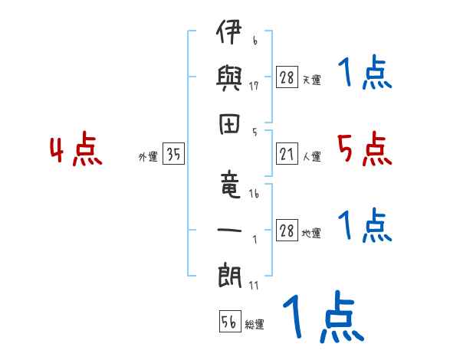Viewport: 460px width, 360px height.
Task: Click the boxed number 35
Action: coord(173,155)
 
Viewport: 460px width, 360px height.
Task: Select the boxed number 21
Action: coord(287,155)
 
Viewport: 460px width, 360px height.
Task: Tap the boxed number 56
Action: coord(228,322)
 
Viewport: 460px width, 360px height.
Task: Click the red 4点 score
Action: coord(75,150)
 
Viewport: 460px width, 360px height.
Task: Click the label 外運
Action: coord(148,157)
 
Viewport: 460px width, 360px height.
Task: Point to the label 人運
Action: coord(311,157)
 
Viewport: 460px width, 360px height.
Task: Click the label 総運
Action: coord(255,325)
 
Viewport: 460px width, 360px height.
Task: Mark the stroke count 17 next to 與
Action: coord(254,86)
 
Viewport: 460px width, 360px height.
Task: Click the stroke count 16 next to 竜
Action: coord(254,195)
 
